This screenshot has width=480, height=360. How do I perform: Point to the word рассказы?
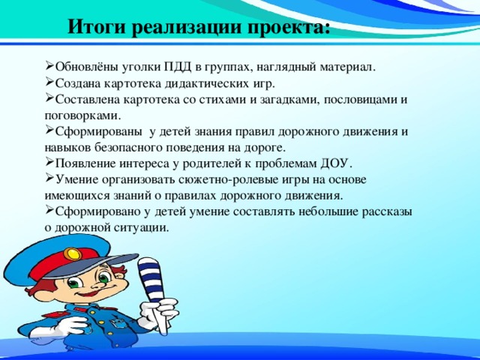[x=383, y=212]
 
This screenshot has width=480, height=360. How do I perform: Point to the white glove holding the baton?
[x=166, y=314]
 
